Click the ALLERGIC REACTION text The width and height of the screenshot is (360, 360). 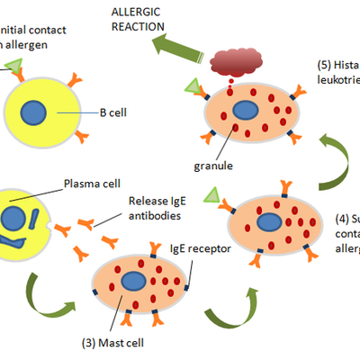[x=137, y=19]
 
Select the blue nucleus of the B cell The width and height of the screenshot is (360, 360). [x=34, y=113]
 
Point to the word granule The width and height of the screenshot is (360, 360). [x=214, y=166]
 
